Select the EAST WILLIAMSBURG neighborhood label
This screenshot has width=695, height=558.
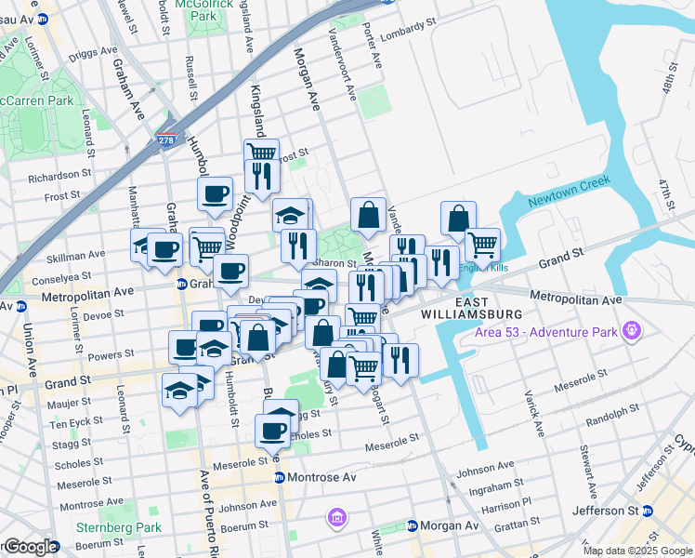click(x=492, y=312)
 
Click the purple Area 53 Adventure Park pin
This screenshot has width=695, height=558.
click(x=633, y=329)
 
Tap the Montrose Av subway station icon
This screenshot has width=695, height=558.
click(x=278, y=477)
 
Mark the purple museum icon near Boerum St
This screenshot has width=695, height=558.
click(x=335, y=516)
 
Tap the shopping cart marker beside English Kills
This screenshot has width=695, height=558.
click(x=482, y=245)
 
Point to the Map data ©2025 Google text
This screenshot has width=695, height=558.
click(x=637, y=551)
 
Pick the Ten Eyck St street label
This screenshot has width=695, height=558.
click(x=71, y=424)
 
